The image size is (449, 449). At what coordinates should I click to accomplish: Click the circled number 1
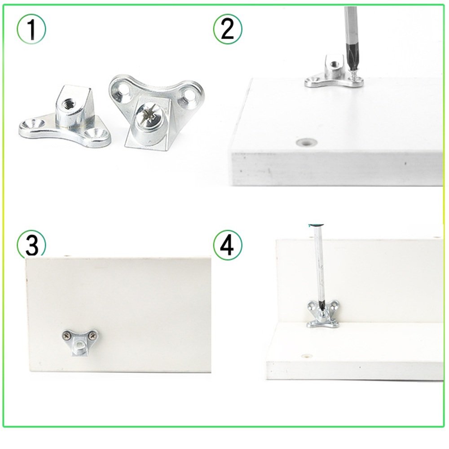(x=31, y=29)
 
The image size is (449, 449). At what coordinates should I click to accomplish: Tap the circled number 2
(x=228, y=29)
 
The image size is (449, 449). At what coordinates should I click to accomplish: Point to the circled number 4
(x=228, y=245)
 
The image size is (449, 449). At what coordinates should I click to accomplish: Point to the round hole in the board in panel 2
(x=307, y=141)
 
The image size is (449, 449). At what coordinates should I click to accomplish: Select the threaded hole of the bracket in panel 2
(x=334, y=63)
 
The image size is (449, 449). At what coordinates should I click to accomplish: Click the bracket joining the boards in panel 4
(x=323, y=314)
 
